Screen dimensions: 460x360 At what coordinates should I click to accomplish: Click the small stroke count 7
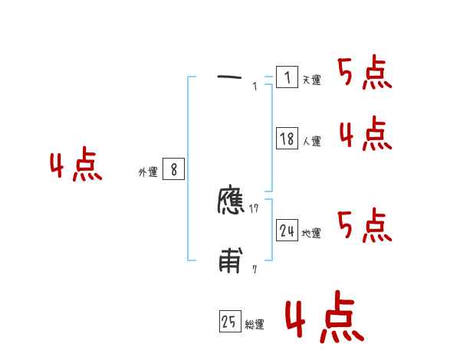tap(255, 270)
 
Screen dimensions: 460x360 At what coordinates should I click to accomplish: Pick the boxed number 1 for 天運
tap(287, 77)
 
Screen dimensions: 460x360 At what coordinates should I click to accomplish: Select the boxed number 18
tap(287, 139)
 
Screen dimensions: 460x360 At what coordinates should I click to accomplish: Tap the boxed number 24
tap(287, 231)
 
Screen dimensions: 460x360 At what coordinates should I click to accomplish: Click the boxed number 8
tap(173, 170)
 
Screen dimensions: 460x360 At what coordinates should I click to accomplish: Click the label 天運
tap(311, 80)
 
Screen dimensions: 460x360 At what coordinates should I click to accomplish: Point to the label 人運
tap(311, 142)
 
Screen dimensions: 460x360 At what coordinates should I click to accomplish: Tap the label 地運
tap(311, 234)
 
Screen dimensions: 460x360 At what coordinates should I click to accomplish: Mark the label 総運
tap(255, 326)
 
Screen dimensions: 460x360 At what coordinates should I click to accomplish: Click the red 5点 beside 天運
tap(364, 74)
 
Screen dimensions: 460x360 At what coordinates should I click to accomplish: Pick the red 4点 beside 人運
tap(365, 134)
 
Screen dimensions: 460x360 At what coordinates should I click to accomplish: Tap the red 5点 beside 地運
tap(364, 224)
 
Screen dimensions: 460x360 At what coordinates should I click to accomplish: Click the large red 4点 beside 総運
tap(324, 319)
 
